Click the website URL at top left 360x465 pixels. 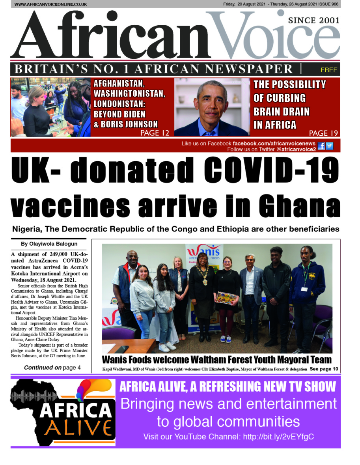coord(50,4)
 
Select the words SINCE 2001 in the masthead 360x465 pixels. coord(314,21)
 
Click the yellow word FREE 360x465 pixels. coord(328,70)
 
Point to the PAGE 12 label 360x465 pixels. coord(155,133)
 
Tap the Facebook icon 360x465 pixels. coord(321,146)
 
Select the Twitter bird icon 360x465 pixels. coord(329,146)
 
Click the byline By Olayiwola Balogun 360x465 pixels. coord(49,244)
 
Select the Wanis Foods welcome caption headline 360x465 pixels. coord(216,360)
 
